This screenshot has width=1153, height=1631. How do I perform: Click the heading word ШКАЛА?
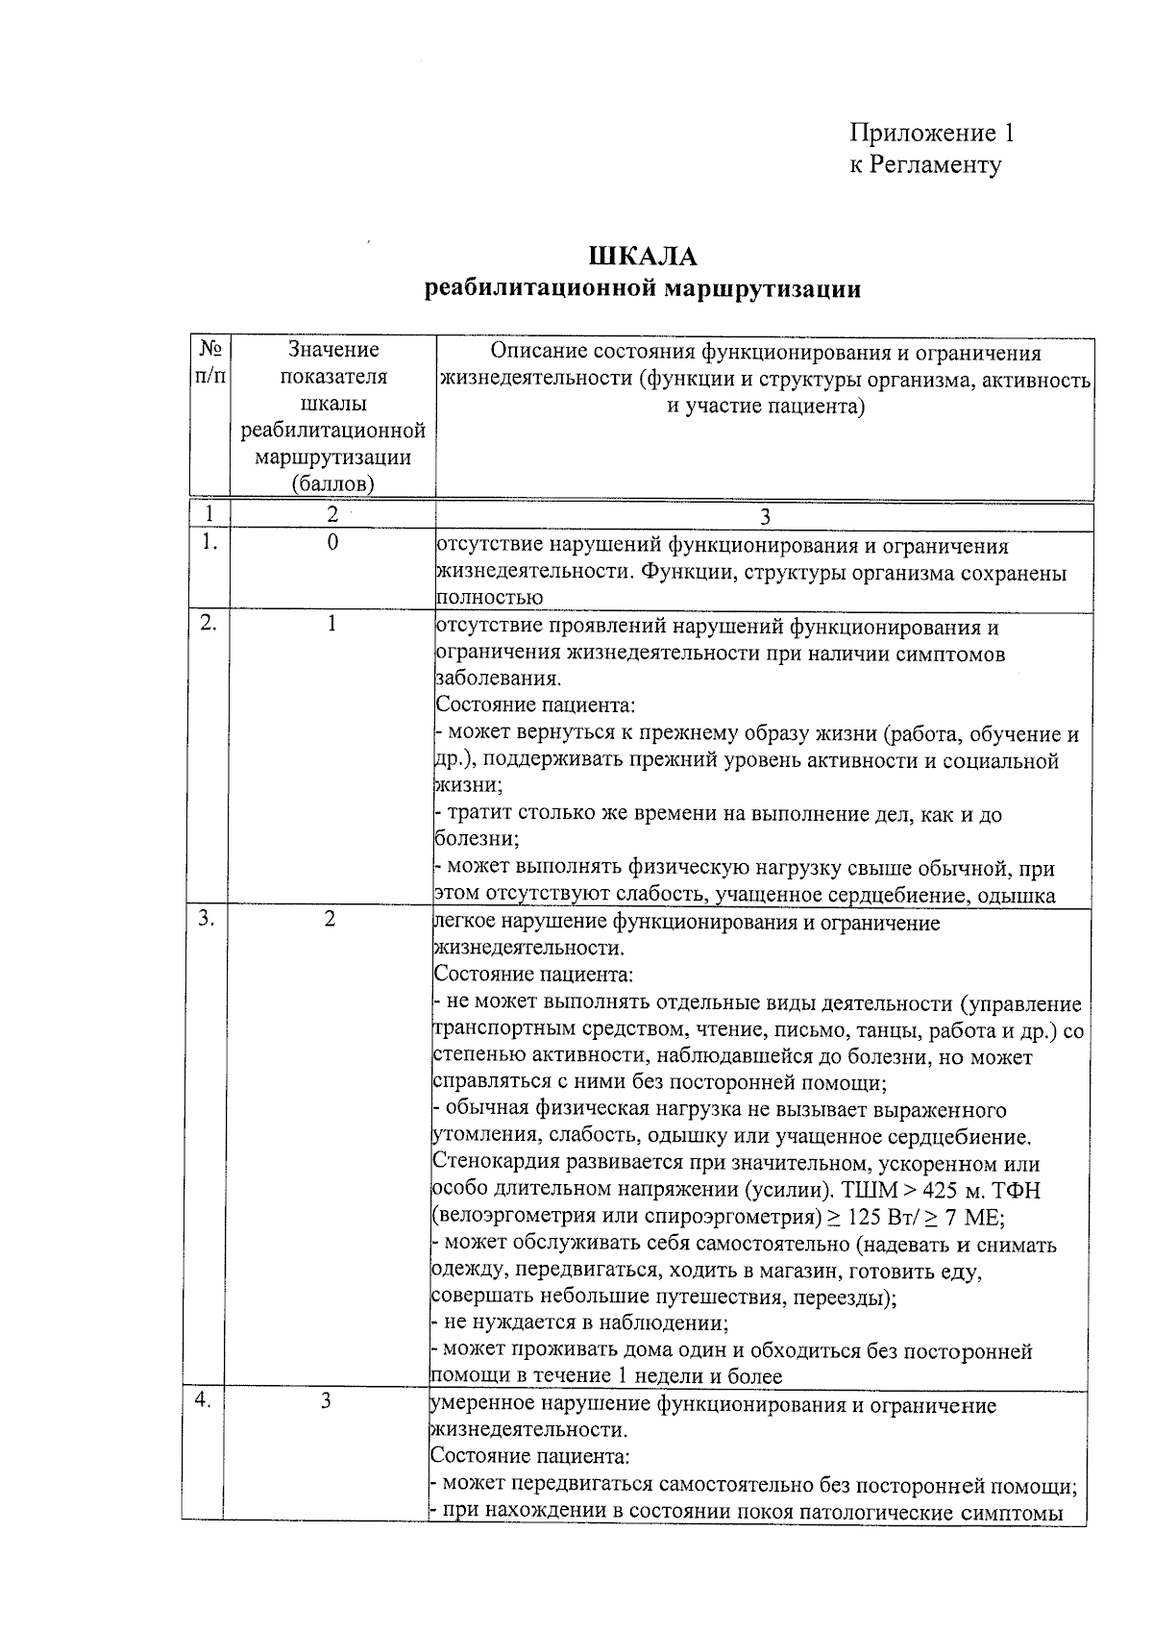point(643,257)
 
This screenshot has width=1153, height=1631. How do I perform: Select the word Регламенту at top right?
point(936,165)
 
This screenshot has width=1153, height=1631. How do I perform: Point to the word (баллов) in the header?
point(333,484)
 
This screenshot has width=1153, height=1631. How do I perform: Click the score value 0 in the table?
point(332,543)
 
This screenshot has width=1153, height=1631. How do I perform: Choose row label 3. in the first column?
point(207,918)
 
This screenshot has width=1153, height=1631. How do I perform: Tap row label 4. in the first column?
point(203,1400)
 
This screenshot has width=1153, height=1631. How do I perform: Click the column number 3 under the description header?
point(765,517)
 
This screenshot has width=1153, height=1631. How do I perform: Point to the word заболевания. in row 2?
point(498,679)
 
